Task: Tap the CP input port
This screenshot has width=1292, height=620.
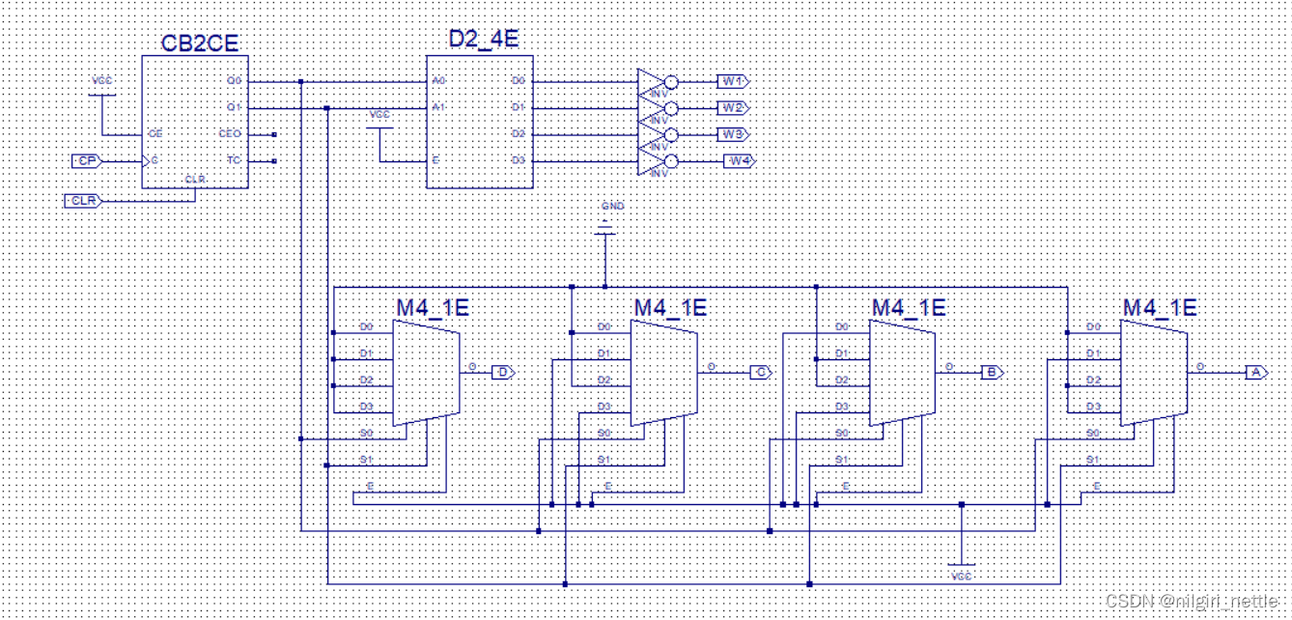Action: pos(86,160)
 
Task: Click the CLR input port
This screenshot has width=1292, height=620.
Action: pos(83,201)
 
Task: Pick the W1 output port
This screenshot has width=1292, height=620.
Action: pos(732,81)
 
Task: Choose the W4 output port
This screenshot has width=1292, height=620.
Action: pos(739,160)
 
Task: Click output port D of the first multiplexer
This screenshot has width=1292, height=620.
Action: pos(503,372)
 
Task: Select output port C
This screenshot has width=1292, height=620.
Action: pos(761,372)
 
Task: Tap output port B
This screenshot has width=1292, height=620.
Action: pos(992,372)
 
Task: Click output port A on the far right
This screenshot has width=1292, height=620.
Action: pos(1255,372)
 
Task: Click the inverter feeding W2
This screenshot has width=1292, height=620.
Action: pos(655,108)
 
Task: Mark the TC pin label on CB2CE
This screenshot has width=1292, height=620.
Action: pos(233,160)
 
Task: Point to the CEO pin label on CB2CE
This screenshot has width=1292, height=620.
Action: pos(230,134)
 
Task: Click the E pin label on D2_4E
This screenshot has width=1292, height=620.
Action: pos(435,160)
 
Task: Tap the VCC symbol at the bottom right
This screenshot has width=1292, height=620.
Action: pos(962,571)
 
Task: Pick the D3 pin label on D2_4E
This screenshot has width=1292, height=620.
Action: pos(518,160)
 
